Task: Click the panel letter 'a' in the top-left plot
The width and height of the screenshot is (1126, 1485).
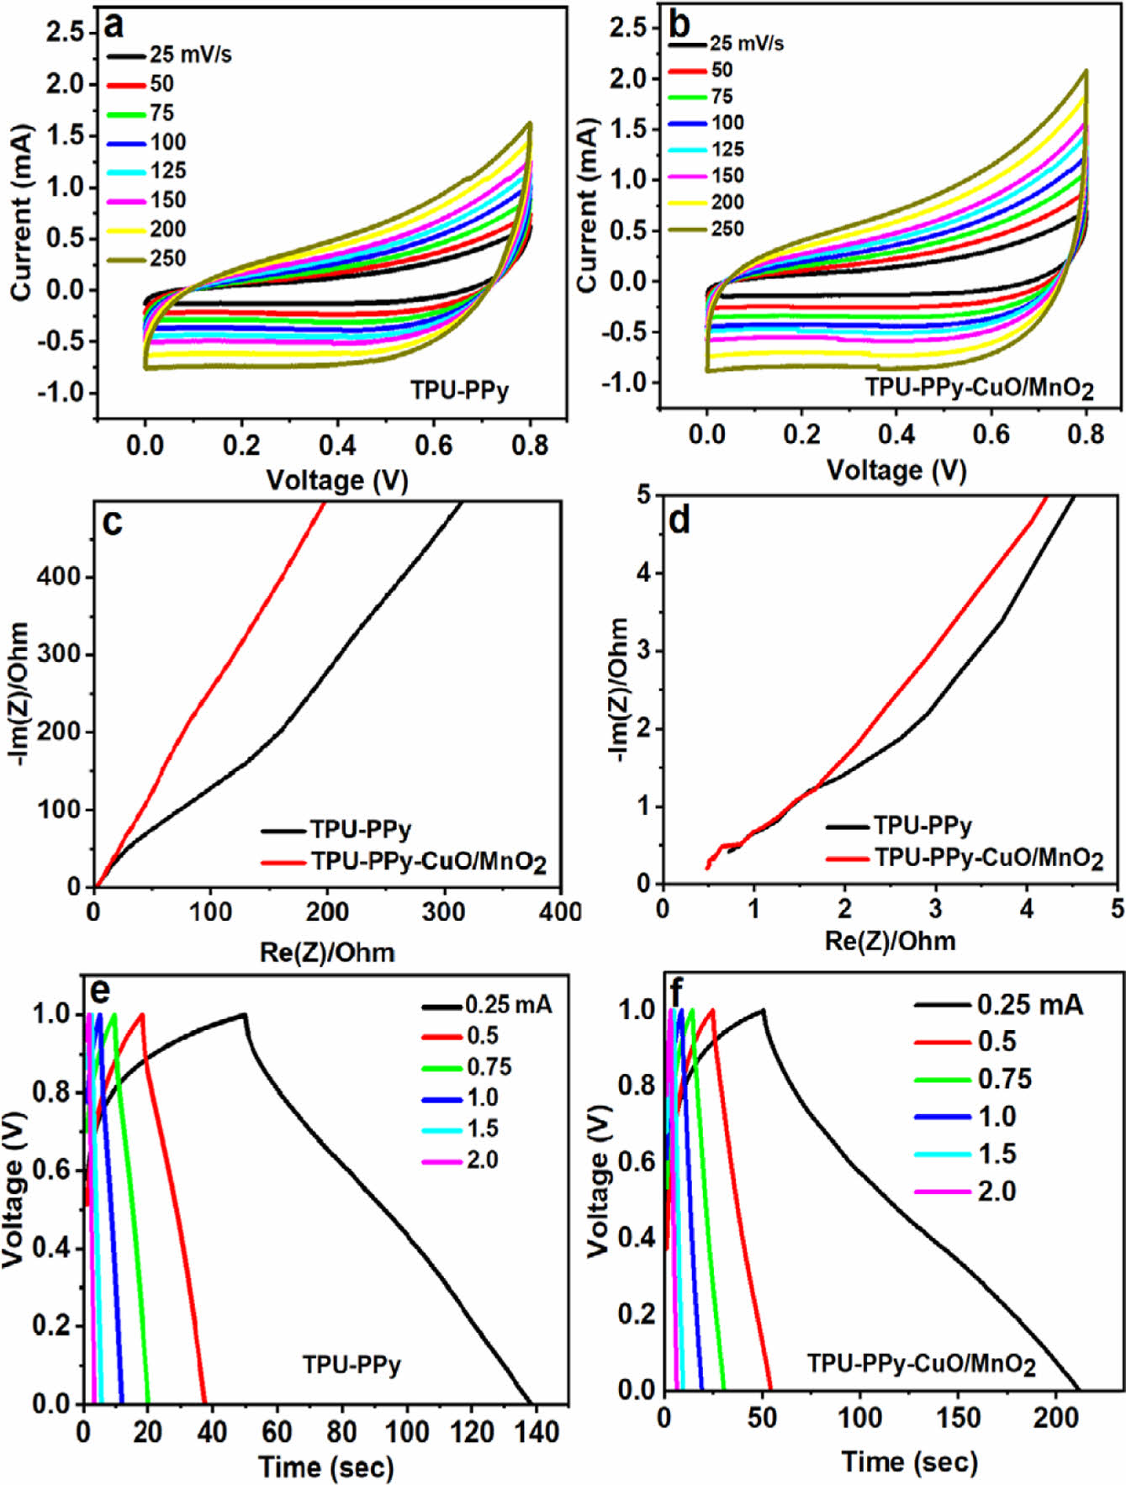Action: pyautogui.click(x=113, y=26)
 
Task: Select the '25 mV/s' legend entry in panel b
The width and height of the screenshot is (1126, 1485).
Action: pyautogui.click(x=746, y=44)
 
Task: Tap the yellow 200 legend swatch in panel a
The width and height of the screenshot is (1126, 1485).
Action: pyautogui.click(x=127, y=230)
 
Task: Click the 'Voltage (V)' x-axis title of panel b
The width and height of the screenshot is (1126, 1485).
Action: pyautogui.click(x=896, y=469)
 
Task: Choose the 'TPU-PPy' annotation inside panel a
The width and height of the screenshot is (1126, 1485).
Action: pyautogui.click(x=459, y=390)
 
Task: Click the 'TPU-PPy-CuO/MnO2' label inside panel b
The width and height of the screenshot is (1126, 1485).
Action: pyautogui.click(x=981, y=388)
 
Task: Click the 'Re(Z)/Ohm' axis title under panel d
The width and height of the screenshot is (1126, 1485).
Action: pyautogui.click(x=890, y=940)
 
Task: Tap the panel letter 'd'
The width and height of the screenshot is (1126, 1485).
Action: pyautogui.click(x=679, y=521)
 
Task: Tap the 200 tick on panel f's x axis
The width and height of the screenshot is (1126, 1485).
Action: pyautogui.click(x=1055, y=1418)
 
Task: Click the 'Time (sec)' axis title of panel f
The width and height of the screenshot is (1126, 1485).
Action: pyautogui.click(x=910, y=1462)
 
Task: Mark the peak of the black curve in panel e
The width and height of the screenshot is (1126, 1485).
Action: pyautogui.click(x=244, y=1013)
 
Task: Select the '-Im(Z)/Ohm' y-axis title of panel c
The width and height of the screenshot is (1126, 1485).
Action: pyautogui.click(x=19, y=694)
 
